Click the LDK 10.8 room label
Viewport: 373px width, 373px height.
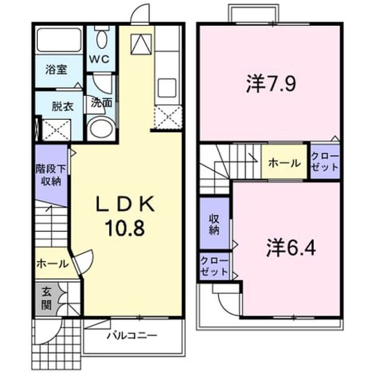pyautogui.click(x=125, y=216)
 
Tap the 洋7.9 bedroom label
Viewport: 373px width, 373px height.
pyautogui.click(x=271, y=83)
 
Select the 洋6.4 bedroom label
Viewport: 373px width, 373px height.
pyautogui.click(x=291, y=248)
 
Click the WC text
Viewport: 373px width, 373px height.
pyautogui.click(x=100, y=59)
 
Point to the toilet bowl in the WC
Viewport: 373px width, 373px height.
pyautogui.click(x=101, y=40)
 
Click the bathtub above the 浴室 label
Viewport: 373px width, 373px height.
pyautogui.click(x=59, y=40)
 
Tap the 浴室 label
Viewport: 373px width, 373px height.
pyautogui.click(x=57, y=70)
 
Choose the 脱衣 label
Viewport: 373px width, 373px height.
pyautogui.click(x=62, y=106)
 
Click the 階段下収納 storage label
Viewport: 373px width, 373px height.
pyautogui.click(x=51, y=175)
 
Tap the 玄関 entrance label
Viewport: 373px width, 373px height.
pyautogui.click(x=47, y=298)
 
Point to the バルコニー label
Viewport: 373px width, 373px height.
pyautogui.click(x=132, y=336)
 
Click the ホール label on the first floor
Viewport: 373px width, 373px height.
pyautogui.click(x=52, y=264)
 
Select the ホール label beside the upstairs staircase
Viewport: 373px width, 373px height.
pyautogui.click(x=284, y=163)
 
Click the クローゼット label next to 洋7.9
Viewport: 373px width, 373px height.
pyautogui.click(x=325, y=162)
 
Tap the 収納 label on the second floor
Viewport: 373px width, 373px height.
pyautogui.click(x=214, y=224)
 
